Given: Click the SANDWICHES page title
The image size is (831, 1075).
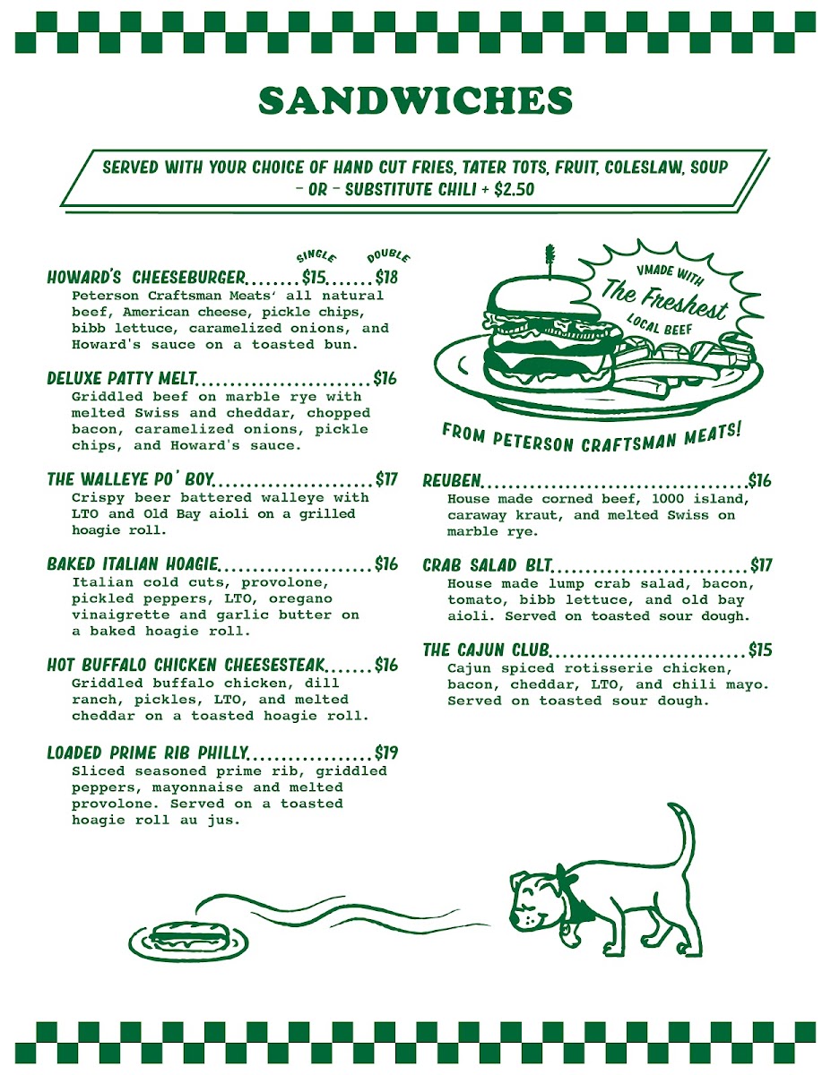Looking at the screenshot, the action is tap(416, 100).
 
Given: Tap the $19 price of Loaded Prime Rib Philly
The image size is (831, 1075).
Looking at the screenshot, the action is tap(386, 752).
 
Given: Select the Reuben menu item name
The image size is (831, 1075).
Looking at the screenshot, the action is tap(452, 480).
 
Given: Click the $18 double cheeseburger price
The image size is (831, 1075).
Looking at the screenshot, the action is tap(386, 277).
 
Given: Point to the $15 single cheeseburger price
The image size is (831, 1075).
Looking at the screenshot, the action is tap(314, 277).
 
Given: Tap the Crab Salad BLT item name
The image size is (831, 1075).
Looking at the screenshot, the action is tap(487, 565).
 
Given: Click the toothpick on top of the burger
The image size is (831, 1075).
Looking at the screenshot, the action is tap(550, 262).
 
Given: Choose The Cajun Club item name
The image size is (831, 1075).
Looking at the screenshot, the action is tap(486, 649).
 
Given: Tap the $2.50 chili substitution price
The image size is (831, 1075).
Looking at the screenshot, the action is tap(515, 190).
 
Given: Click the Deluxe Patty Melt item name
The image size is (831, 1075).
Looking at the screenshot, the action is tap(121, 378).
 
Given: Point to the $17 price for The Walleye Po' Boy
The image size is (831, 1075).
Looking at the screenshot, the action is tap(386, 479).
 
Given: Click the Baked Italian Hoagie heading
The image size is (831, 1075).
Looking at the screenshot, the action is tap(132, 564).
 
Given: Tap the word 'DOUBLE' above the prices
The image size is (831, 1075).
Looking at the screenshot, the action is tap(388, 257).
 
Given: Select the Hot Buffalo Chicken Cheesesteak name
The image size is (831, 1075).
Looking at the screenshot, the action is tap(186, 665).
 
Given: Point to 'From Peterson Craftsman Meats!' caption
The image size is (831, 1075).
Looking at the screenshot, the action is tap(592, 438).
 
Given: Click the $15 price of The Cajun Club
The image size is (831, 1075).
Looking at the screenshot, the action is tap(760, 649).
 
